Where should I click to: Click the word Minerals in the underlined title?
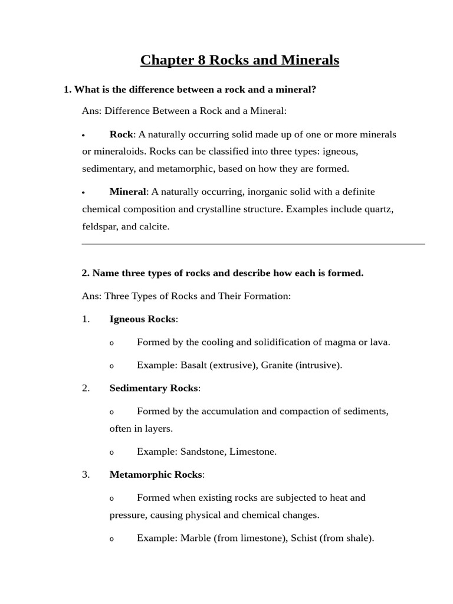click(x=308, y=60)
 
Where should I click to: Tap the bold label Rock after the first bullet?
click(x=121, y=134)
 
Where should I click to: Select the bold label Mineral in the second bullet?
click(x=127, y=192)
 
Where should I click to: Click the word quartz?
click(x=378, y=209)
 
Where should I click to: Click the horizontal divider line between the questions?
click(x=253, y=244)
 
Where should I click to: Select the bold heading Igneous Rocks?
click(x=142, y=319)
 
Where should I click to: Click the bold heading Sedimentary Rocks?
click(x=154, y=388)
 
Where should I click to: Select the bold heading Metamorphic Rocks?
click(x=156, y=475)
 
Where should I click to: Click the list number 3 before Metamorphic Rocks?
click(x=86, y=475)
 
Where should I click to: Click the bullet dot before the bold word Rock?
click(x=84, y=136)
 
